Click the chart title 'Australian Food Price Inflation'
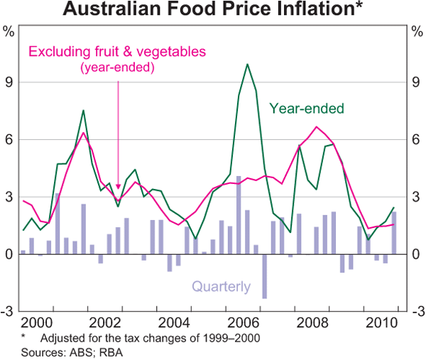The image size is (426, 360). tap(212, 11)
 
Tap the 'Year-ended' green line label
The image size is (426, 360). tap(306, 109)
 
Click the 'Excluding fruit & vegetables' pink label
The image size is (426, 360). tap(116, 52)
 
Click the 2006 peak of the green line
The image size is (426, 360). tap(247, 65)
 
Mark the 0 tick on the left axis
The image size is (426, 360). tap(9, 254)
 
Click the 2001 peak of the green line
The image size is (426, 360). tap(83, 111)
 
